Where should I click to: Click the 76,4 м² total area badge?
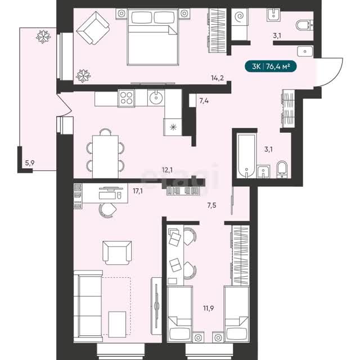271,66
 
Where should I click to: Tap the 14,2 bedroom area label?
217,78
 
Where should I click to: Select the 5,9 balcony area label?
30,163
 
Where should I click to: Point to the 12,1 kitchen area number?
167,170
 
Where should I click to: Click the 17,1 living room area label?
138,191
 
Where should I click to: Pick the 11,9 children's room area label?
209,308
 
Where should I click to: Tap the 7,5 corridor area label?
211,205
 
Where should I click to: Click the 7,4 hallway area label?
204,101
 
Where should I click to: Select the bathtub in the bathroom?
246,156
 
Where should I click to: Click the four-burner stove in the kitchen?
126,98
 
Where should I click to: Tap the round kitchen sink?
156,97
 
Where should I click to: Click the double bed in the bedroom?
153,37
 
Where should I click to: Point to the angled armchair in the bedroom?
93,29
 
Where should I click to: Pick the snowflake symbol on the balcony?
43,37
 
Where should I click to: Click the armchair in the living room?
117,253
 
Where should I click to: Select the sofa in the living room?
88,306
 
